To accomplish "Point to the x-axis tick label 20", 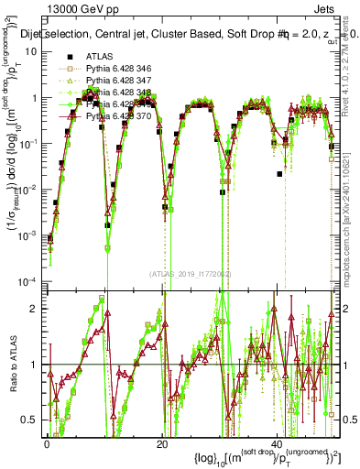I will pos(161,444).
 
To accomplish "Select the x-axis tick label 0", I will pos(47,444).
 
